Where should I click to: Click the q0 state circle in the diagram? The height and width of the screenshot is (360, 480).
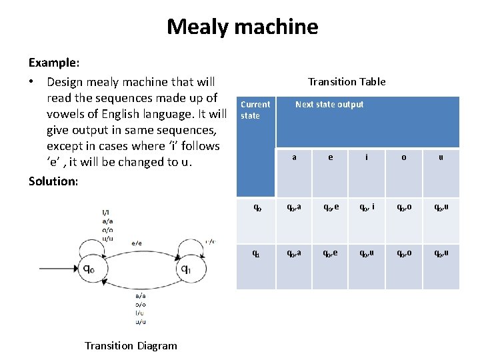[x=87, y=268]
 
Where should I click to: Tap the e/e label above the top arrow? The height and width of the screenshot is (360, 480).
[x=136, y=243]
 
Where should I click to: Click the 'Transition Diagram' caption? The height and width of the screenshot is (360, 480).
[x=131, y=345]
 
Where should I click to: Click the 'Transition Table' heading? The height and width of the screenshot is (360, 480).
[x=347, y=81]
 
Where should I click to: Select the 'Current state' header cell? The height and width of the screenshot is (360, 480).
[x=255, y=110]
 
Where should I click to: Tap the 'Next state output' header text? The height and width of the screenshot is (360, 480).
[x=329, y=105]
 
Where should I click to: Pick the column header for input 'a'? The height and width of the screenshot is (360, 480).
[x=294, y=157]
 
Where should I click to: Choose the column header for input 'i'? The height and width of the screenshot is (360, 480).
[x=366, y=157]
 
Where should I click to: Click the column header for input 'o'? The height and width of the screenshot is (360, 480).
[x=404, y=157]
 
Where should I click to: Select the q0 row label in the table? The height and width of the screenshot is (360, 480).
[x=256, y=207]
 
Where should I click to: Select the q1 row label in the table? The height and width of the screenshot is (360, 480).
[x=256, y=253]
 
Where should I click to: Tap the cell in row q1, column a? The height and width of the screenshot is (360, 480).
[x=294, y=253]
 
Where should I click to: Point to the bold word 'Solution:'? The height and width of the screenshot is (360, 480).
[x=53, y=181]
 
